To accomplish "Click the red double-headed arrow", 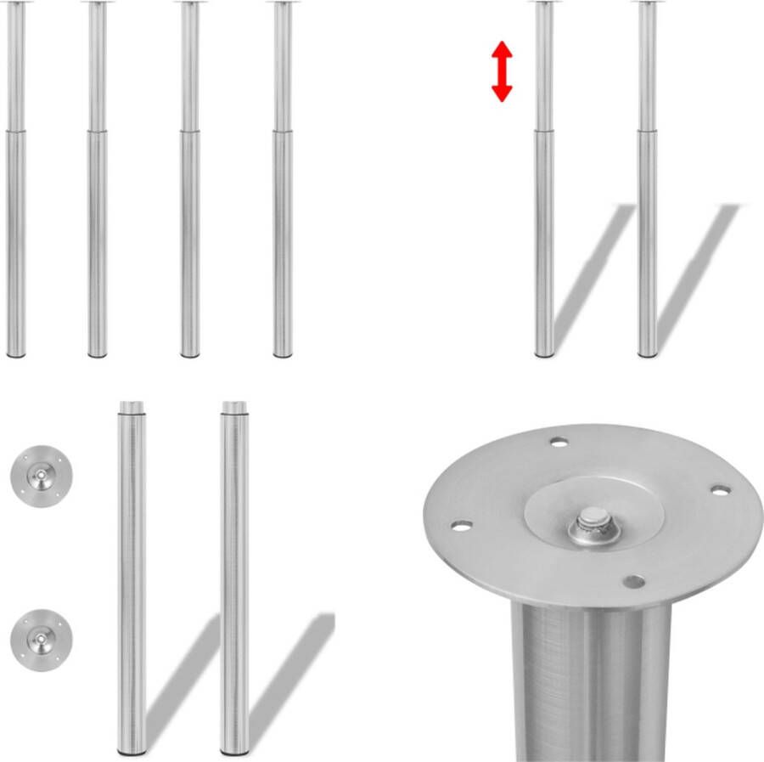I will point(502,72).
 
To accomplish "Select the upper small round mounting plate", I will point(41,474).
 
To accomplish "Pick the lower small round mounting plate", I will point(41,640).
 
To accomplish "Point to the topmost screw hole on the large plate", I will point(558,443).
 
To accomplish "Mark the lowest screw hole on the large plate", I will point(632,582).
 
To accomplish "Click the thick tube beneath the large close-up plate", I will point(591,680).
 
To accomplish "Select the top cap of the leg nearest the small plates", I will point(131,406).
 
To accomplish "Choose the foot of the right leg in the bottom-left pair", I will point(234,750).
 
